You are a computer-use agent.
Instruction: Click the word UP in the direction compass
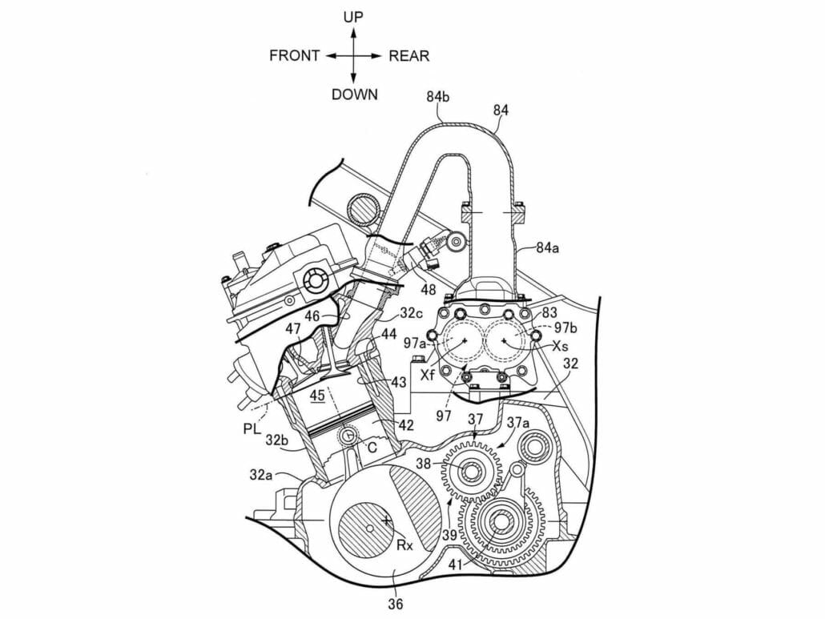[353, 17]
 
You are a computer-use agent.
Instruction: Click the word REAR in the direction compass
[408, 56]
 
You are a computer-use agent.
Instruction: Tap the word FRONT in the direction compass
[294, 56]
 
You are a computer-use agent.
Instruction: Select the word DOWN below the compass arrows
[354, 94]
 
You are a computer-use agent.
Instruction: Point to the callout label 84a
[549, 248]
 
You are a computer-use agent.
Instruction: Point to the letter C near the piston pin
[370, 448]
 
